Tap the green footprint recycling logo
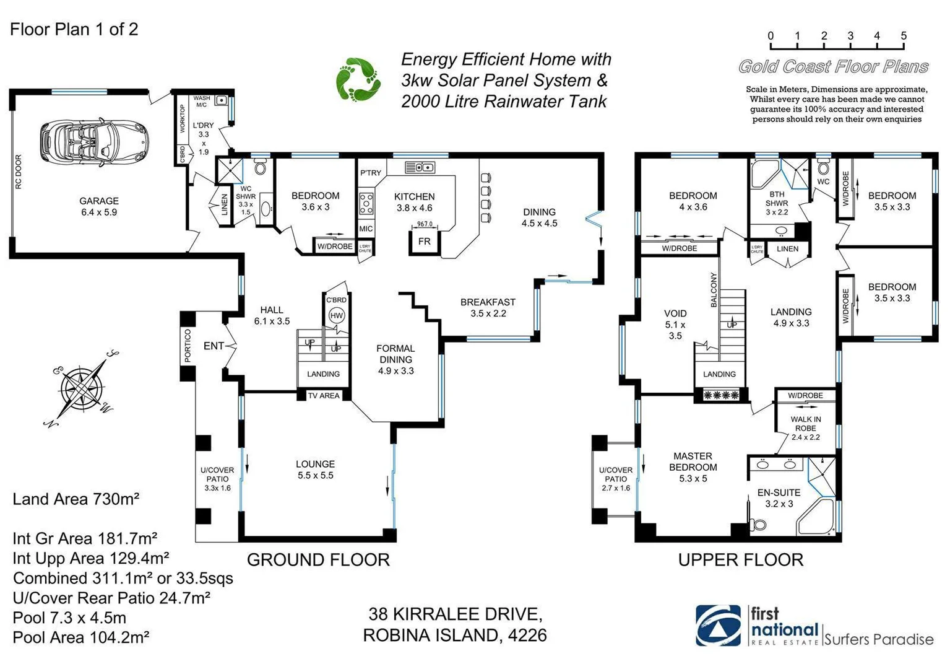click(x=358, y=79)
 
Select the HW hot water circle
click(x=336, y=315)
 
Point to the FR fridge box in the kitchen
click(x=424, y=242)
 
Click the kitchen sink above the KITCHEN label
click(x=419, y=167)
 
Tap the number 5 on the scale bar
click(x=903, y=36)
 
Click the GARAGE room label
click(x=99, y=201)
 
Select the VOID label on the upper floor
click(x=675, y=313)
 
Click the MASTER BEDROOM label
click(x=693, y=461)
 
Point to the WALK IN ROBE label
click(x=805, y=424)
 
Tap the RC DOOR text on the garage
click(x=18, y=172)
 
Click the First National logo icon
click(x=718, y=626)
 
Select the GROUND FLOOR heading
click(x=318, y=560)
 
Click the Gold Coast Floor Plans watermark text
click(x=833, y=67)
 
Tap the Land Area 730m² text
click(x=76, y=499)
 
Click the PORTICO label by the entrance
click(x=188, y=346)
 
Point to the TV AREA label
click(x=324, y=395)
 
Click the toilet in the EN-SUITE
click(x=758, y=525)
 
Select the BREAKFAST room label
click(x=488, y=302)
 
